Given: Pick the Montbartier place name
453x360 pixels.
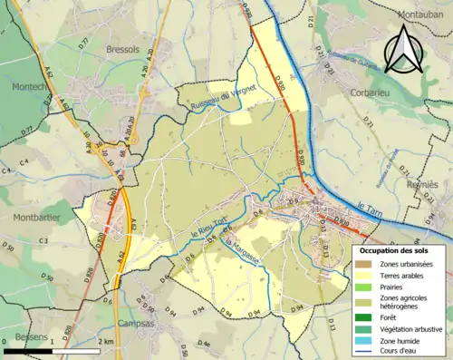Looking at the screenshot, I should tap(35, 217).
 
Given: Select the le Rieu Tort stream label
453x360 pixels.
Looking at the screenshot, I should tap(207, 224).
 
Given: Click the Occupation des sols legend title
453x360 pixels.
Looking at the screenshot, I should tap(399, 249).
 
